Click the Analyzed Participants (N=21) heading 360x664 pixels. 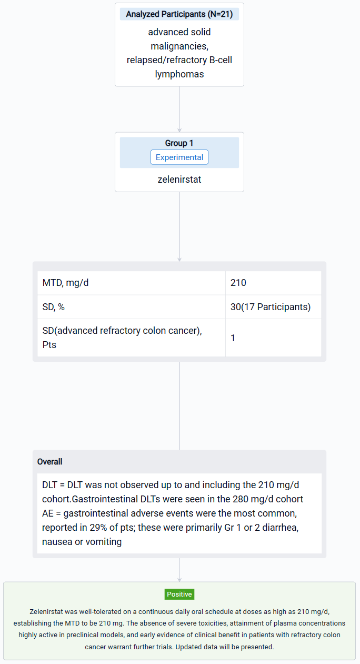pos(179,14)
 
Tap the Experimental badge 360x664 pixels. pos(179,157)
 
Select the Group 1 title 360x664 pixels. pos(179,143)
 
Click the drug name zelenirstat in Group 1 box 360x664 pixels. pos(179,180)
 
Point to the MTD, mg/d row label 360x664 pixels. pos(65,283)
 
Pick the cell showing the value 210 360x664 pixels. pos(238,283)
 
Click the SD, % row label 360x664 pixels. pos(53,307)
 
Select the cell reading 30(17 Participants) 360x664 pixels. pos(271,307)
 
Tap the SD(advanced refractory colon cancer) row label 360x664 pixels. pos(122,338)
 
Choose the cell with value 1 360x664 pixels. pos(233,338)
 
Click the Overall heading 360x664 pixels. pos(50,462)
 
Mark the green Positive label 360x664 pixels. pos(179,594)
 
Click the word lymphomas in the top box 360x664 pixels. pos(179,74)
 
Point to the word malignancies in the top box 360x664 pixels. pos(179,46)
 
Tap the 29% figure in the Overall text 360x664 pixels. pos(98,527)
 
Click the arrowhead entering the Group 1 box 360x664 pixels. pos(179,130)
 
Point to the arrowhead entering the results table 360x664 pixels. pos(179,260)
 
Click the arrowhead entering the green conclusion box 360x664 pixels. pos(179,580)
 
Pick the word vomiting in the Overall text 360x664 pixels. pos(104,542)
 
